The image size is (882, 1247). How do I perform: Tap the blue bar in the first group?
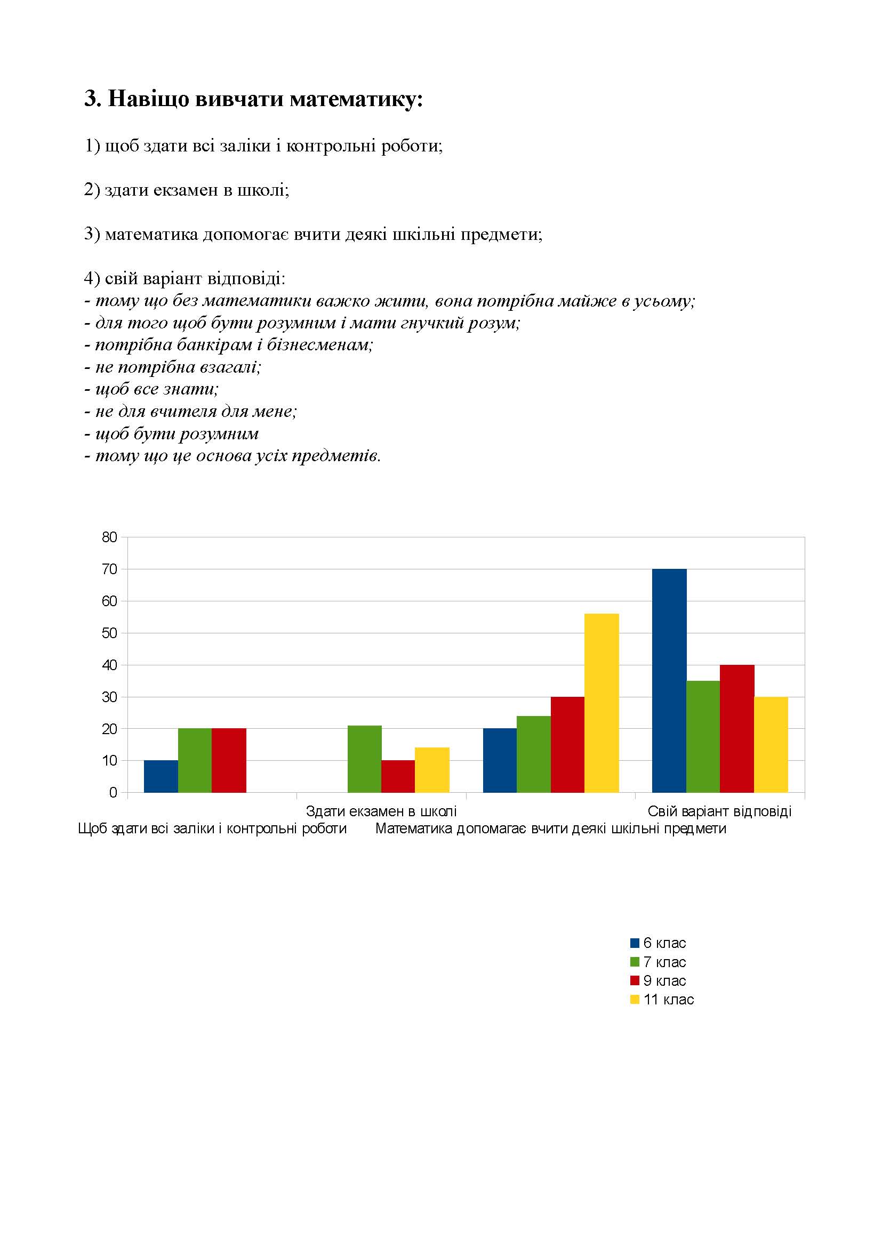point(161,776)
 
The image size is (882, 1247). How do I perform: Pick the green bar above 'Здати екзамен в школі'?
point(364,759)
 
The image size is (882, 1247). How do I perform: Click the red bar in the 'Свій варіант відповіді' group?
point(737,728)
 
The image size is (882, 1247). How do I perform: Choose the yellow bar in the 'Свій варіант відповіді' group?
point(771,744)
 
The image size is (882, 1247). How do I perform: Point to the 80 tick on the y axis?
point(109,537)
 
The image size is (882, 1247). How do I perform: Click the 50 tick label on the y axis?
point(109,633)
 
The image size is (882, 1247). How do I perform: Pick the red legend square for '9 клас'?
point(635,980)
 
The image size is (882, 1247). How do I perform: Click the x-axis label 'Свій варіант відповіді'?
point(719,811)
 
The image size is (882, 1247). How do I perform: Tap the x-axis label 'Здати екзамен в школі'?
point(381,811)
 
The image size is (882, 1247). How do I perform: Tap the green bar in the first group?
point(195,760)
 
